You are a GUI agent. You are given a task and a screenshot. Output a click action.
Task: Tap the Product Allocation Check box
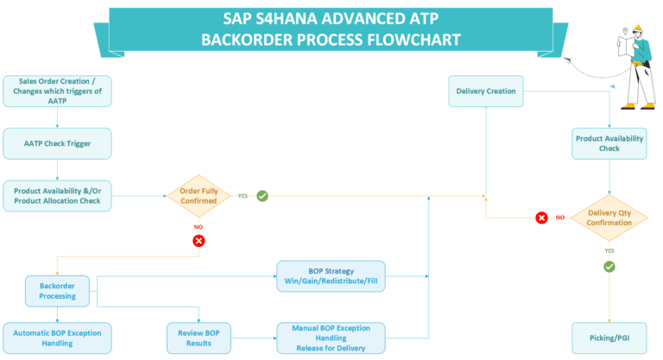(57, 196)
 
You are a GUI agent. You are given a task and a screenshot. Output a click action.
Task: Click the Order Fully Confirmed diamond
(198, 196)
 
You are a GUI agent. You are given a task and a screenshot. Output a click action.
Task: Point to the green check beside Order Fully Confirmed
(262, 196)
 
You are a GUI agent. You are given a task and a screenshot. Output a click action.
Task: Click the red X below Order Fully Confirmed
(199, 240)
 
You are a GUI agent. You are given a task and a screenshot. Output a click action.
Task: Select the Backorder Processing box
(57, 290)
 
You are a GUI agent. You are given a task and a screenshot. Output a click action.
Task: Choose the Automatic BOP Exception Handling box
(57, 337)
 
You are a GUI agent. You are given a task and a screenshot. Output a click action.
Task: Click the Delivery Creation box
(486, 91)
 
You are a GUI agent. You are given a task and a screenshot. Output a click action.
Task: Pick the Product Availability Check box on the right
(609, 142)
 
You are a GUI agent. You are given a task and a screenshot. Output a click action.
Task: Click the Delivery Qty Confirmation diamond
(609, 218)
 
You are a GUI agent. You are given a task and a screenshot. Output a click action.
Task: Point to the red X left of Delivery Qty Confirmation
(541, 218)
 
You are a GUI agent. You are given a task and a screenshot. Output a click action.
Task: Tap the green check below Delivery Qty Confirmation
(609, 267)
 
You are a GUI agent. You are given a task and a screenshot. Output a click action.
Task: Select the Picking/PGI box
(609, 337)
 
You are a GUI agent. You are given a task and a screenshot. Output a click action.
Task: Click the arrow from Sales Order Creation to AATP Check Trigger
(57, 117)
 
